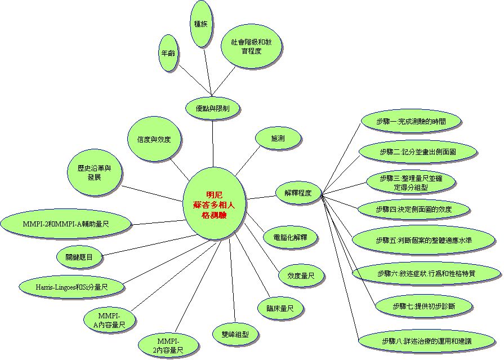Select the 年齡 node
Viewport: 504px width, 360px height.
tap(167, 54)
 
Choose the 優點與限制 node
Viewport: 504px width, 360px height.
tap(212, 108)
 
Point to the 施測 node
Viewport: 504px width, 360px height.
tap(278, 137)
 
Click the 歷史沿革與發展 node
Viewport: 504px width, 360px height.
tap(94, 172)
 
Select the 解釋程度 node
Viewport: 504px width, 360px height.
tap(298, 193)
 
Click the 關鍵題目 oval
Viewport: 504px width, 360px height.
tap(82, 257)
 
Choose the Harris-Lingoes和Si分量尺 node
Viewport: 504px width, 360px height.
tap(72, 287)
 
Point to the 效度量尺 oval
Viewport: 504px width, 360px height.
tap(301, 275)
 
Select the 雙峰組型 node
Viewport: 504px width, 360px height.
tap(235, 334)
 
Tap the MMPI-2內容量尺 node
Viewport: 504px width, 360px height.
tap(168, 345)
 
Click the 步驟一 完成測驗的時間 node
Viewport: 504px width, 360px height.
tap(410, 121)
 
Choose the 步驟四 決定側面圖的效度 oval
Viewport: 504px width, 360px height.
tap(413, 209)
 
